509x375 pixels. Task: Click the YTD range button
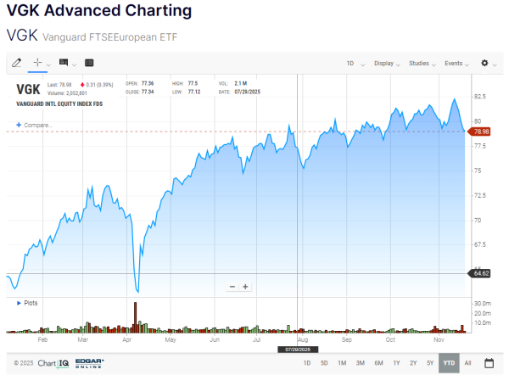449,363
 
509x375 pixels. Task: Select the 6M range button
378,363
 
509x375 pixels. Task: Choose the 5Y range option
430,363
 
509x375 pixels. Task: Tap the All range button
467,363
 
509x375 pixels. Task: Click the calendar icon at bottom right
489,363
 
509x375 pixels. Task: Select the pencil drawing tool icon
16,63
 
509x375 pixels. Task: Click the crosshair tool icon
37,63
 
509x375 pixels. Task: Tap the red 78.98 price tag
481,132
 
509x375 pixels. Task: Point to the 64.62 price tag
480,272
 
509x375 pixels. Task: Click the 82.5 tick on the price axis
480,97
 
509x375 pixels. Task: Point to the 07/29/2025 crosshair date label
299,349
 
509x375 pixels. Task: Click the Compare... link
35,125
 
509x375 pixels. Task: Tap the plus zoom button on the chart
246,287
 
